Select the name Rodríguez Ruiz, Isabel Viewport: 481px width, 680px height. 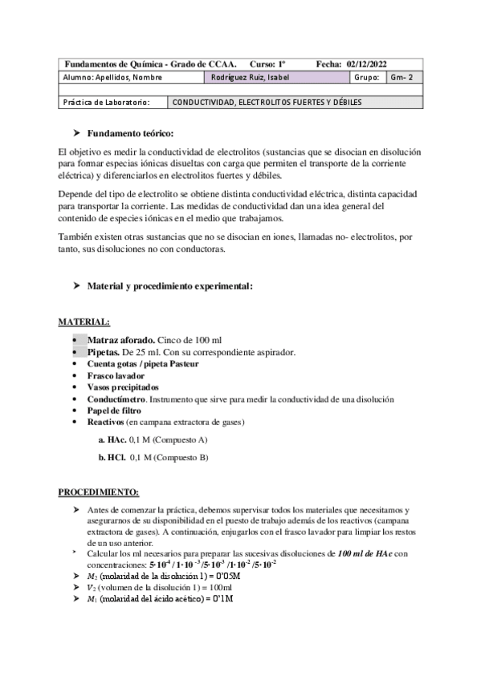[x=248, y=78]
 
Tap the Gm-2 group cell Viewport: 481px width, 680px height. [x=400, y=78]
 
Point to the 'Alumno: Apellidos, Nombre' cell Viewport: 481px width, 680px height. [x=112, y=78]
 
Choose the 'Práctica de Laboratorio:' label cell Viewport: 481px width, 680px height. [x=106, y=103]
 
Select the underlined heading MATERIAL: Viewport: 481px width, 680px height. [x=84, y=322]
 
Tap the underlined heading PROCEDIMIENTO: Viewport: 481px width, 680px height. [x=100, y=491]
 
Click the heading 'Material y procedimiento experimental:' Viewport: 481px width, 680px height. [x=169, y=285]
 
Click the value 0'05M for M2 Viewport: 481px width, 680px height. [x=222, y=575]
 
